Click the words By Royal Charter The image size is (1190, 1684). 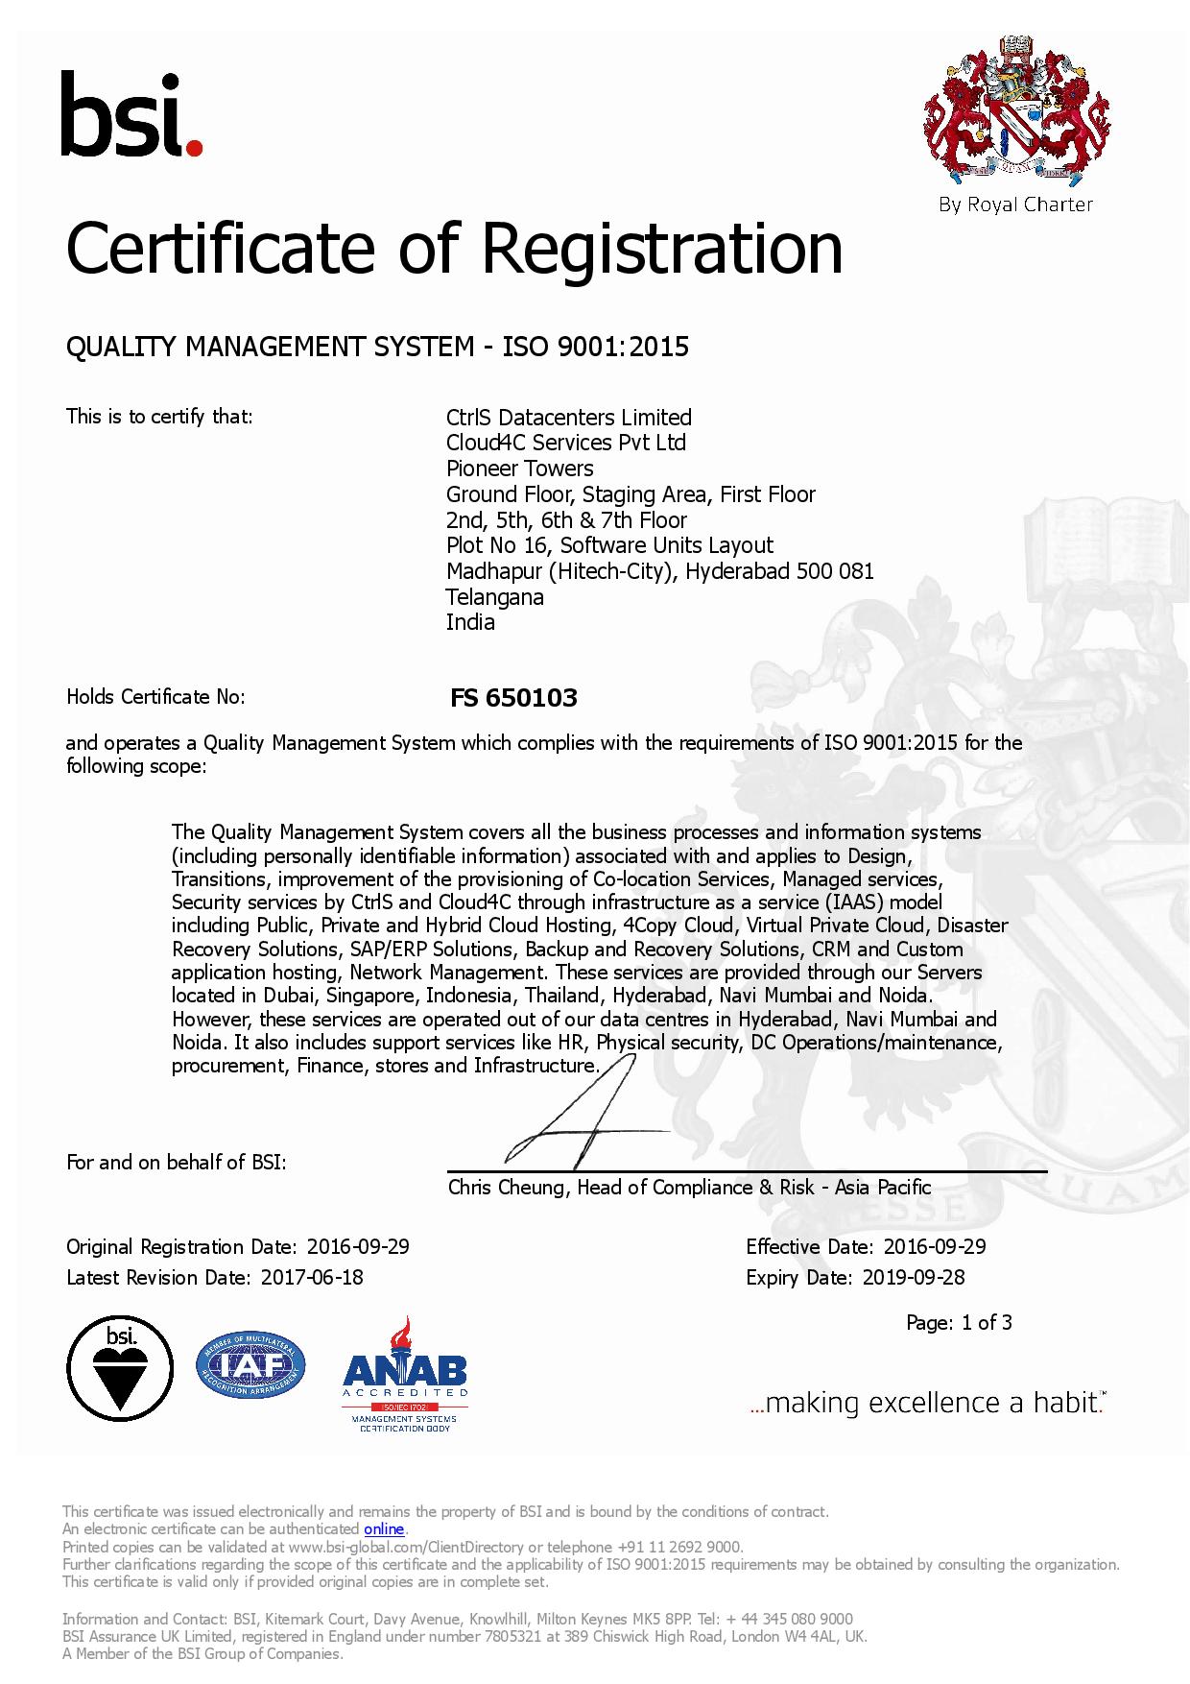click(1016, 204)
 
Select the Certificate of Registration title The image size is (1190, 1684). click(454, 248)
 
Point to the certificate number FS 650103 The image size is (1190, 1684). click(513, 698)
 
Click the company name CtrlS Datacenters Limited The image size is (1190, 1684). click(568, 418)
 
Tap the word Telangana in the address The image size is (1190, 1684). click(494, 597)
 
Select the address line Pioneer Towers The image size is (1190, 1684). click(519, 469)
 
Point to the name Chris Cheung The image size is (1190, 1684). click(507, 1188)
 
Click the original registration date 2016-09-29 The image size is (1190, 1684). click(358, 1247)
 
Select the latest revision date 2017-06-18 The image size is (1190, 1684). click(312, 1278)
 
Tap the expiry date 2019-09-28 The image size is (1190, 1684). click(913, 1278)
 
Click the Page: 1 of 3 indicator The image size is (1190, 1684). click(959, 1323)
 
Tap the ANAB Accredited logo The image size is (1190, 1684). click(405, 1374)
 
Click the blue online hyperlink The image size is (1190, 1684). click(384, 1528)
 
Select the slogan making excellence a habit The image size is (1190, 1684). click(927, 1404)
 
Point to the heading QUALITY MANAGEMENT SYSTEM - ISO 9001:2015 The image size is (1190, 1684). click(377, 347)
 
